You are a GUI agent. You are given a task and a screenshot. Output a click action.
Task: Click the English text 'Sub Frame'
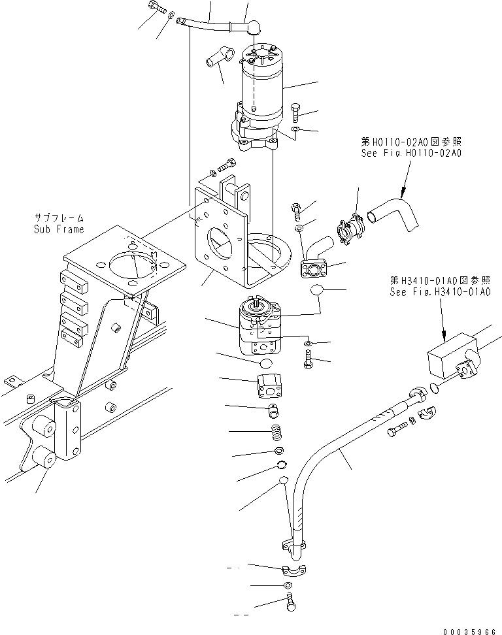(x=59, y=229)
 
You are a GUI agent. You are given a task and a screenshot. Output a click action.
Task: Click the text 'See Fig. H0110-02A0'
(x=411, y=154)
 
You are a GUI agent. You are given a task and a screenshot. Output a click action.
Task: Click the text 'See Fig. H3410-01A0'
(x=439, y=292)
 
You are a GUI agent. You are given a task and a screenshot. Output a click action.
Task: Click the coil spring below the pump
(x=276, y=432)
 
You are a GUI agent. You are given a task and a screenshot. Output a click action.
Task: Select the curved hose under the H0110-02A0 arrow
(x=395, y=212)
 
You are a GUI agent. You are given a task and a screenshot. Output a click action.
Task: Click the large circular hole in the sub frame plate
(x=133, y=263)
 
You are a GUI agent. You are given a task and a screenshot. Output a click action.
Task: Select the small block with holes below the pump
(x=269, y=387)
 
